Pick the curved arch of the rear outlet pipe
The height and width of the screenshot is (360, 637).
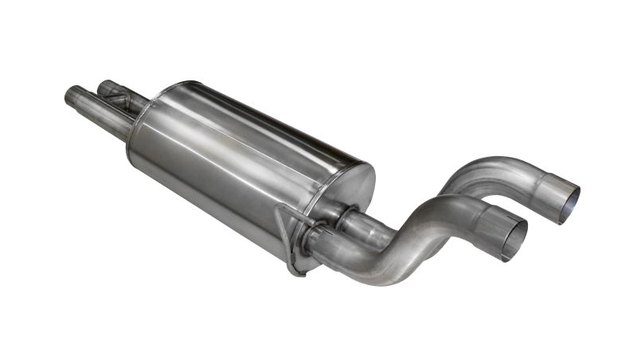pyautogui.click(x=478, y=171)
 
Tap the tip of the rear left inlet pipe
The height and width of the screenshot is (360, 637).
pyautogui.click(x=103, y=85)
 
